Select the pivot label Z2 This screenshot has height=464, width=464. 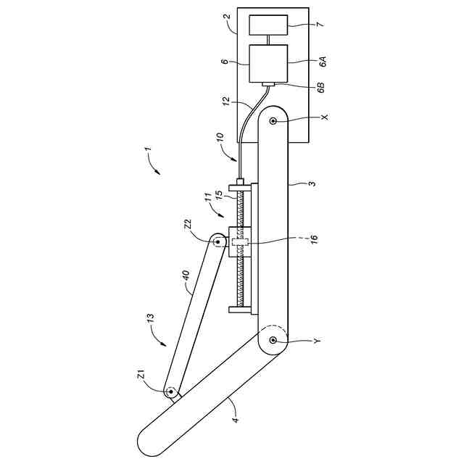click(186, 225)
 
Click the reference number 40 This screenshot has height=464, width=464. click(185, 276)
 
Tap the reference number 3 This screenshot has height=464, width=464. click(311, 185)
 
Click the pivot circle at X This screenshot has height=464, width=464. click(273, 121)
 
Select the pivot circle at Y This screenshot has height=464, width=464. click(273, 339)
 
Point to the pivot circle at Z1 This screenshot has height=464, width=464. click(172, 392)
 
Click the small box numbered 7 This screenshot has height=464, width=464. click(268, 25)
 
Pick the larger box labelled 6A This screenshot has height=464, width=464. click(268, 63)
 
